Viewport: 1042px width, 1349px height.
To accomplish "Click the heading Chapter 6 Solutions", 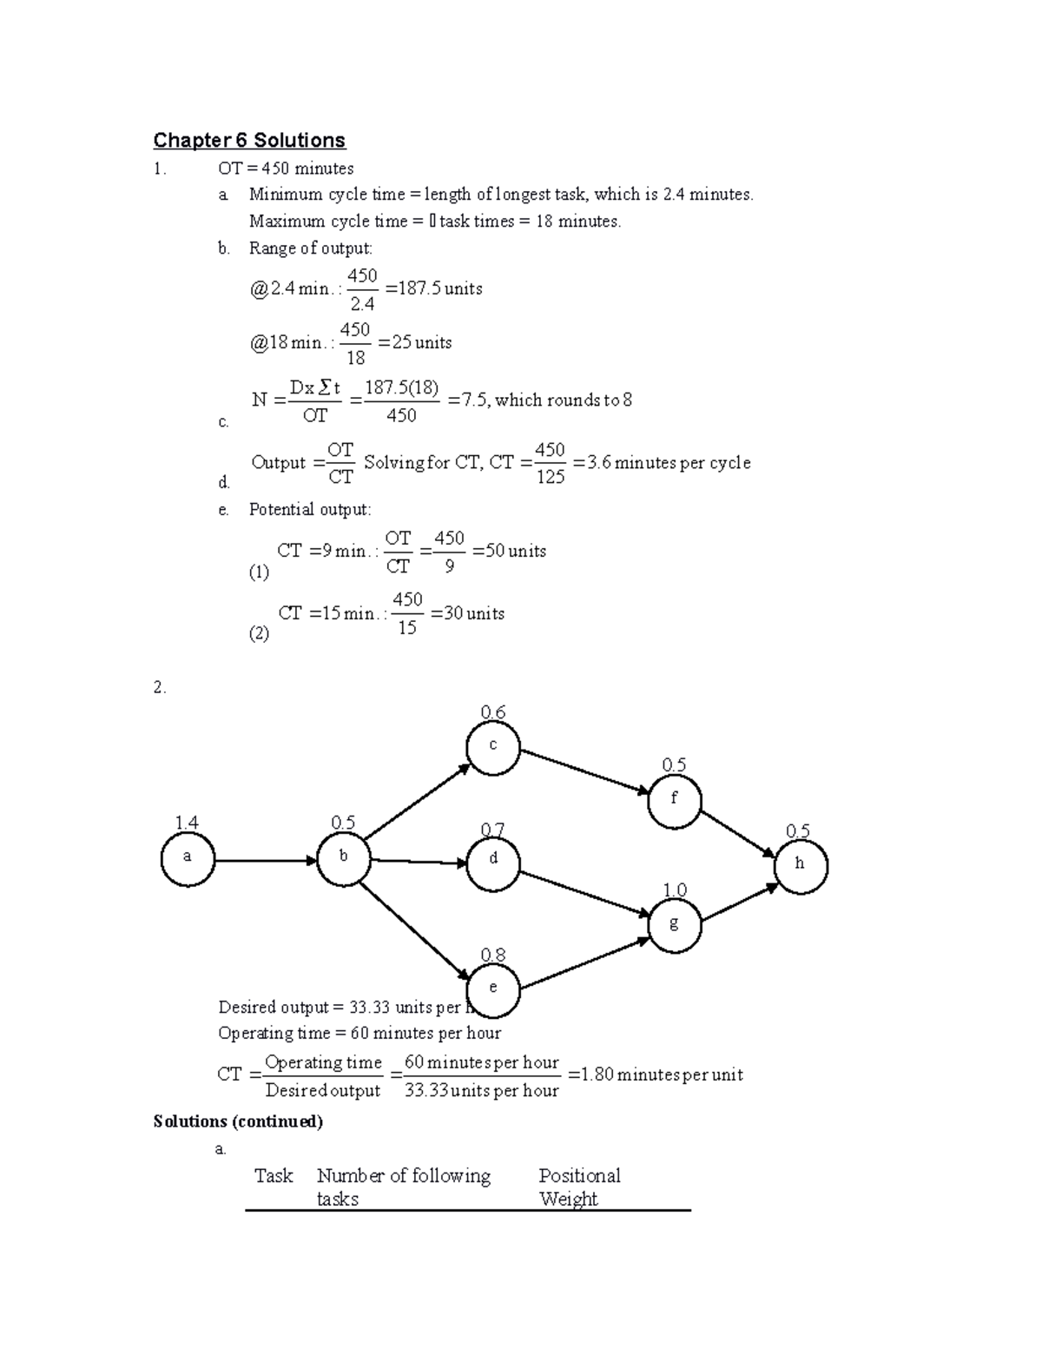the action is (x=249, y=141).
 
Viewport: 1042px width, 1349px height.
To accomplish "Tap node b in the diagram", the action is (x=344, y=858).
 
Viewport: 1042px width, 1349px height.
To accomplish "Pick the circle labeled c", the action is (x=493, y=746).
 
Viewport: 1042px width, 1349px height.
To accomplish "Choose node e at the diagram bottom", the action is (x=493, y=989).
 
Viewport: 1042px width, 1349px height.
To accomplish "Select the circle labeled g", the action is (x=675, y=925).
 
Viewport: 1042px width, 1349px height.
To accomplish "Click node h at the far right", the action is (x=801, y=865).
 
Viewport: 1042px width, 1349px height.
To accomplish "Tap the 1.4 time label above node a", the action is (x=187, y=823).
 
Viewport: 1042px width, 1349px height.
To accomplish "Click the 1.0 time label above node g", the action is (x=675, y=890).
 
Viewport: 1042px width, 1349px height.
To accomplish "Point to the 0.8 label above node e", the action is (x=493, y=956).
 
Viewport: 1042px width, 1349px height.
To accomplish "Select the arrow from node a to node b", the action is (x=266, y=861).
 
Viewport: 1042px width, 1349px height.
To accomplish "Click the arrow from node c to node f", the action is (x=584, y=771).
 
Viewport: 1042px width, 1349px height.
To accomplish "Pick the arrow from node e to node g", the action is (x=585, y=963).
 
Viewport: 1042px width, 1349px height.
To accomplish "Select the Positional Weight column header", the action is (x=579, y=1187).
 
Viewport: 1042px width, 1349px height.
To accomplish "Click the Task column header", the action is (x=274, y=1176).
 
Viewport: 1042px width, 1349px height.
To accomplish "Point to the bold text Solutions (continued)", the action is (x=238, y=1121).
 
